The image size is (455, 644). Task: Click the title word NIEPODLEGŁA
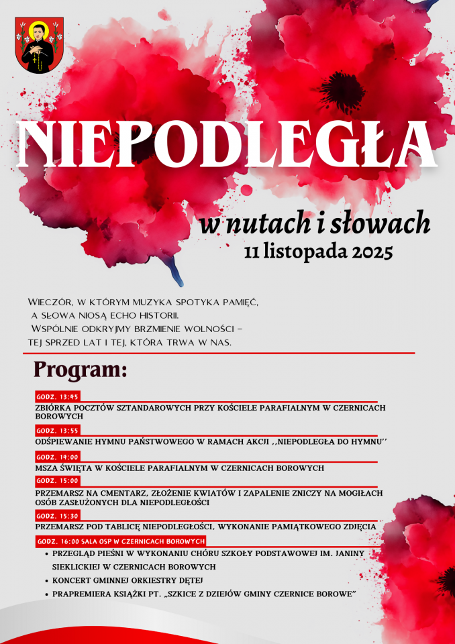pyautogui.click(x=228, y=144)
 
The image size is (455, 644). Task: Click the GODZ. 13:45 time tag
pyautogui.click(x=58, y=396)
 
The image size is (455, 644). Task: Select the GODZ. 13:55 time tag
pyautogui.click(x=58, y=430)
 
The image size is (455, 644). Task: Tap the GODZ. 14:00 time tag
pyautogui.click(x=58, y=456)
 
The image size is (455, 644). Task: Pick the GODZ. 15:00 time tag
pyautogui.click(x=58, y=480)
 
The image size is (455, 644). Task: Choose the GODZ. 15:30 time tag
pyautogui.click(x=58, y=515)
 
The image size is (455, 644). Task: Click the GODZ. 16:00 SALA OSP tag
pyautogui.click(x=121, y=540)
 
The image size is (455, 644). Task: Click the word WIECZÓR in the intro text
pyautogui.click(x=51, y=303)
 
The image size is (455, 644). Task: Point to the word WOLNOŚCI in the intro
pyautogui.click(x=202, y=329)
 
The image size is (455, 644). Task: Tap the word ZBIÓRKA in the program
pyautogui.click(x=54, y=407)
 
